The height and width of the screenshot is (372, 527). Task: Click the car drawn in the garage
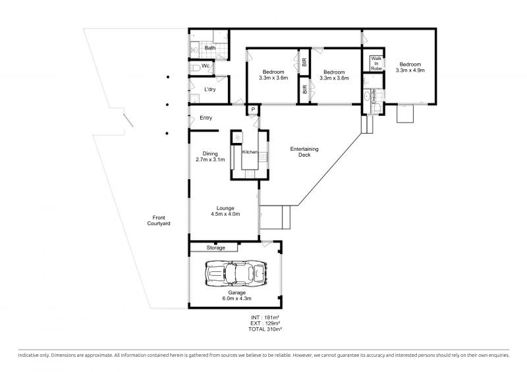point(237,273)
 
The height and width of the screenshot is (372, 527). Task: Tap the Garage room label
point(237,296)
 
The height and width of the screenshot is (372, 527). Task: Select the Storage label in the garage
point(216,248)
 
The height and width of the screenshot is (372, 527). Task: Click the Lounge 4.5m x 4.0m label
point(225,211)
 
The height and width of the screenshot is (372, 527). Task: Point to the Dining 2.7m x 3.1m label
point(210,157)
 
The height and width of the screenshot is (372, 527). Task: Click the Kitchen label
point(250,152)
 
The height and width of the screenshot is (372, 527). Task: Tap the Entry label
point(206,118)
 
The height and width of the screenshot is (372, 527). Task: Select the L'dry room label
point(210,90)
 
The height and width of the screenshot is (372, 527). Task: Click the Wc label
point(206,66)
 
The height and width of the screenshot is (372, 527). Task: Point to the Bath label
point(210,47)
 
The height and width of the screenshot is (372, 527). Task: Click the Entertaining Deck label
point(304,152)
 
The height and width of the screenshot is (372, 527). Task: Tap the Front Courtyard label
point(159,221)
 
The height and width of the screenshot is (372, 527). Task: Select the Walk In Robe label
point(376,63)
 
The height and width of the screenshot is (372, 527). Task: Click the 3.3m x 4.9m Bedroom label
point(410,67)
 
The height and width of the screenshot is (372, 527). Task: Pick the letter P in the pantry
point(254,109)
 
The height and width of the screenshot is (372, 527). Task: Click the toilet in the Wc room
point(195,68)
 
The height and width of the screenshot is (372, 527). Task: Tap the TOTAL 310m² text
point(265,329)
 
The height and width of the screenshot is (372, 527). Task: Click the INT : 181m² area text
point(265,317)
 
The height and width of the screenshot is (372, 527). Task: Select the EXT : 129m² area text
point(265,323)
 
